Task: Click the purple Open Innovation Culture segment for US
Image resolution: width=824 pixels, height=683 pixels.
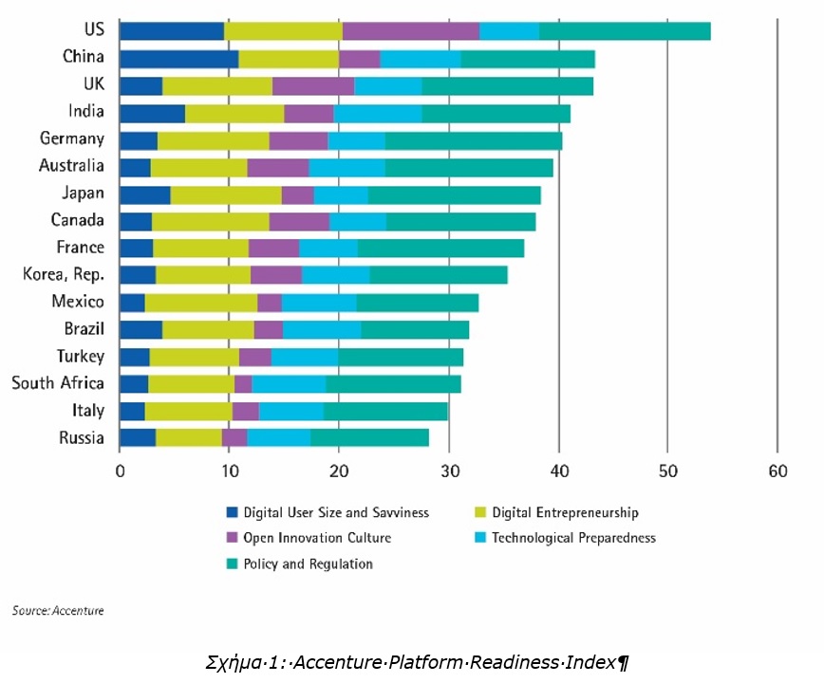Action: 410,30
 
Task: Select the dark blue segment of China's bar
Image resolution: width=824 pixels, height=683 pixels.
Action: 178,58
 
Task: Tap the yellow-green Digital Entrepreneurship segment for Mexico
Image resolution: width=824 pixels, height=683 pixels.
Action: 201,303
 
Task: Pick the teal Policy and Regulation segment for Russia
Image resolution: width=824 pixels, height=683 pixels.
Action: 369,437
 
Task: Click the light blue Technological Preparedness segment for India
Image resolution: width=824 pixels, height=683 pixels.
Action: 377,113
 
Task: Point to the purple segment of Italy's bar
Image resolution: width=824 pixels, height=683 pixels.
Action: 245,411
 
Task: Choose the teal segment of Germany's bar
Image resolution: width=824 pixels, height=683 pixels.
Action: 473,140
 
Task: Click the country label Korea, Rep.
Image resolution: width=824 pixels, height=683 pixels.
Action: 64,275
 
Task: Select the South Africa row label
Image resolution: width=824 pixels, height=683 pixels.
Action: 58,383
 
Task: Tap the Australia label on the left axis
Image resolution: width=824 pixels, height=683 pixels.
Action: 72,166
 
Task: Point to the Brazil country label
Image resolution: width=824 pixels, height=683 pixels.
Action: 83,329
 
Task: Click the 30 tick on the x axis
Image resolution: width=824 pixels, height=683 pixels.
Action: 449,471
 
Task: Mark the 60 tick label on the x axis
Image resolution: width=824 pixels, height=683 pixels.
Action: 777,471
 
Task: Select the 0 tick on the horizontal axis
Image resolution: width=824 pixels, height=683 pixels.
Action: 121,471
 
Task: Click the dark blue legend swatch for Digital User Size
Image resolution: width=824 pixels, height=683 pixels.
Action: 232,513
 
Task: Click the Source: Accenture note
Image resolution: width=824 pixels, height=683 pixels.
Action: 58,611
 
